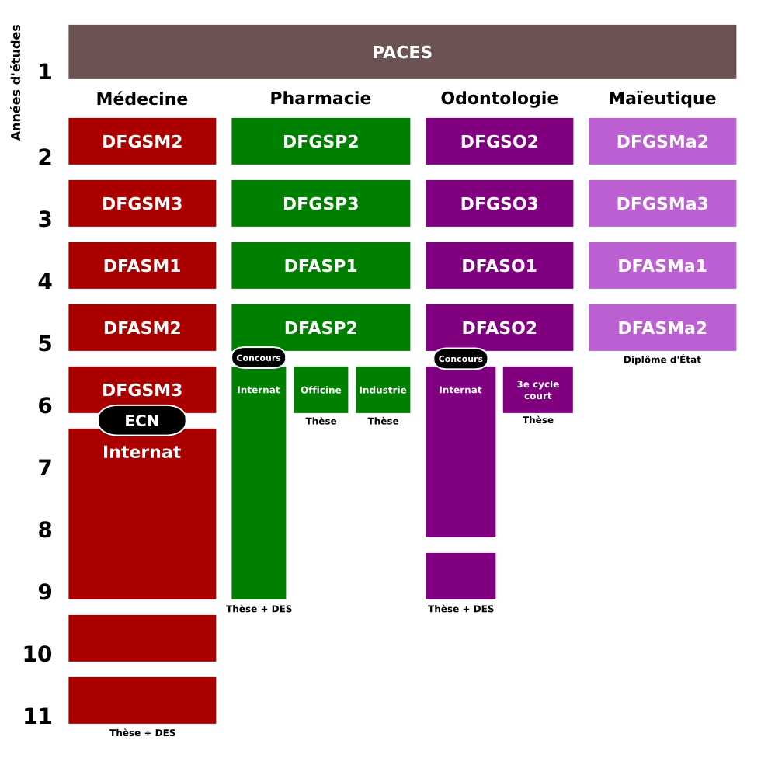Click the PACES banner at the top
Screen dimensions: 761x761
coord(402,52)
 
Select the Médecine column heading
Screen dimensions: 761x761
coord(142,99)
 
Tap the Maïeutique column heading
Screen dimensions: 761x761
coord(662,99)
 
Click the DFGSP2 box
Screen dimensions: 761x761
coord(321,141)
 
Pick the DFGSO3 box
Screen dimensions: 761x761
coord(499,203)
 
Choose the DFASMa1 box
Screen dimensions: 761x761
coord(662,266)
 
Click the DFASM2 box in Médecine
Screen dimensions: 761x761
coord(142,328)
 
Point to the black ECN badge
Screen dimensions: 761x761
coord(142,420)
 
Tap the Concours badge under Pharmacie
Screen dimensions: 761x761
coord(259,358)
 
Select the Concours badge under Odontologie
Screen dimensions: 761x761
coord(460,359)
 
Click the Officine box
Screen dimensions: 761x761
coord(321,390)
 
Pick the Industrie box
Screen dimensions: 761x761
coord(383,390)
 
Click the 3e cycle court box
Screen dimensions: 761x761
coord(537,390)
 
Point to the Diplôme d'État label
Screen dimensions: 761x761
coord(662,360)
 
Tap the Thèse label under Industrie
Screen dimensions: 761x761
coord(383,421)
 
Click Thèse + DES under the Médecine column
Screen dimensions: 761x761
coord(142,733)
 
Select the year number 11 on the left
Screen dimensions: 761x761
coord(37,716)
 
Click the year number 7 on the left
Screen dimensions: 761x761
coord(45,467)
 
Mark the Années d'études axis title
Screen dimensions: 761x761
coord(16,82)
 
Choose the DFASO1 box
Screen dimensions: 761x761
coord(499,266)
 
